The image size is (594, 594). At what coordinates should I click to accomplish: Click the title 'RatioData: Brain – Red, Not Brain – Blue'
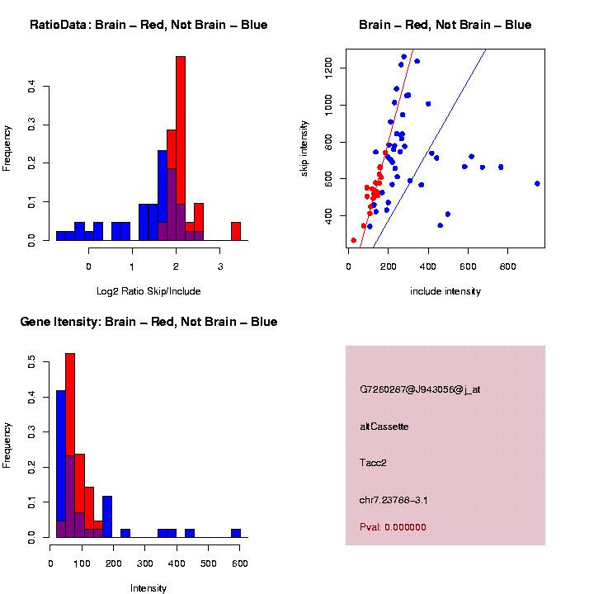pos(148,25)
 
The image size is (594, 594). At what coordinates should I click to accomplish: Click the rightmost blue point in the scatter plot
pos(537,183)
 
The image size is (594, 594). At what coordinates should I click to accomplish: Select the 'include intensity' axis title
pos(445,291)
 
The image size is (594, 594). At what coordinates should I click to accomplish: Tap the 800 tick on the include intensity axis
pos(507,267)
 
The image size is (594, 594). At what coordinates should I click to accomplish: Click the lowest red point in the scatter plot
pos(354,240)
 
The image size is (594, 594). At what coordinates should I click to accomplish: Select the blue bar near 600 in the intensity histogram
pos(236,533)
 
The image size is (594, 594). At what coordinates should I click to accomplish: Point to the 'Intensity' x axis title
pos(148,588)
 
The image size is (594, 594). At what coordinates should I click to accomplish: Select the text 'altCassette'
pos(384,427)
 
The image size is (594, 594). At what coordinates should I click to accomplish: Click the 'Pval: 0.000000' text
pos(393,527)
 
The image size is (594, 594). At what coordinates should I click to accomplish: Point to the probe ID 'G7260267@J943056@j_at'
pos(420,389)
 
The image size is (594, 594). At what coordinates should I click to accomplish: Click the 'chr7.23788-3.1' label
pos(394,500)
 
